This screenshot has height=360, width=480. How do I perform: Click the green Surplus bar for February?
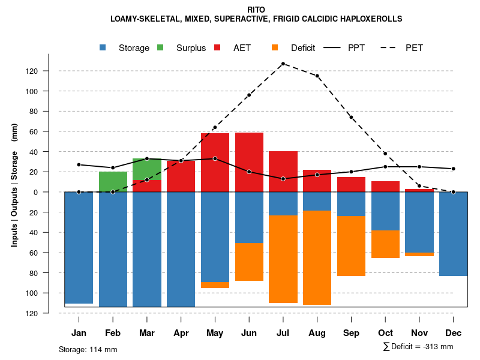click(x=113, y=182)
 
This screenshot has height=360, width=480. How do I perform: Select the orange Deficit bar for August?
click(x=317, y=257)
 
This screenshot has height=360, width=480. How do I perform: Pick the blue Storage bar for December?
click(x=453, y=234)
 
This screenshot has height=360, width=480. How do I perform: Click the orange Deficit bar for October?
click(x=385, y=244)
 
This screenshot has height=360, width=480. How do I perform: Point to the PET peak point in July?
click(x=283, y=64)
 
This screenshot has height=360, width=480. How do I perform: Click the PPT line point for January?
click(x=79, y=164)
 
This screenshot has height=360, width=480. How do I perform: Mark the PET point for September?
click(x=351, y=117)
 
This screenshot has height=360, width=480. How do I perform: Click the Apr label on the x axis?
click(x=181, y=333)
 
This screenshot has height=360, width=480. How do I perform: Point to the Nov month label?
click(x=419, y=333)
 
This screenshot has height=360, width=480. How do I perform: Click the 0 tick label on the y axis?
click(x=53, y=192)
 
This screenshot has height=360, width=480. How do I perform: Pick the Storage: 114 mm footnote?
click(x=88, y=349)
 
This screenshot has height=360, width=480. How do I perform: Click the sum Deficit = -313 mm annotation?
click(x=418, y=347)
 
